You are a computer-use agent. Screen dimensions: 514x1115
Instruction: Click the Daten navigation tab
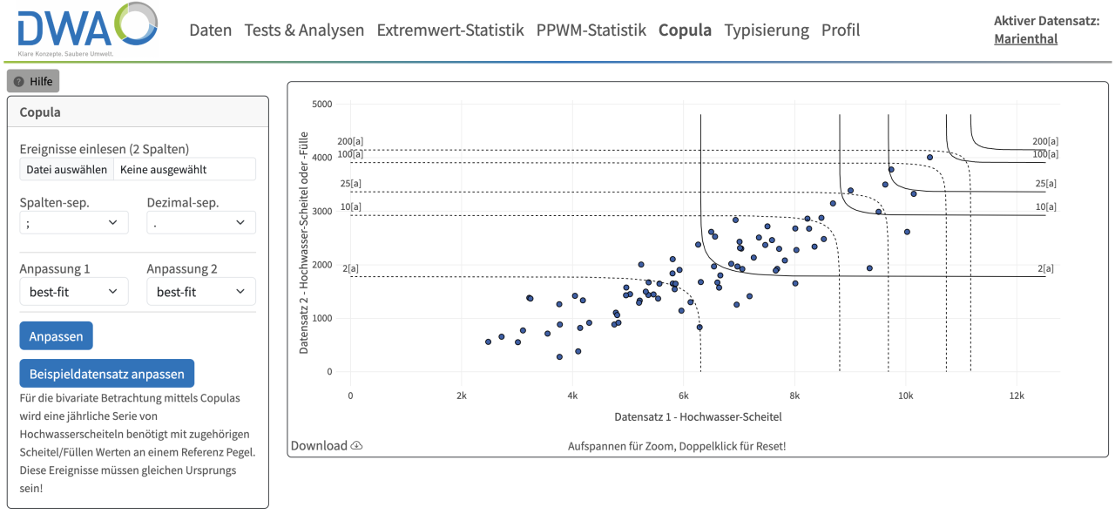(x=211, y=30)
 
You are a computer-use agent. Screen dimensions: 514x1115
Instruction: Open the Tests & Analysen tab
(x=304, y=30)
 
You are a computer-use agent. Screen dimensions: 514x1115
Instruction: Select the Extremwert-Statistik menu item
(x=450, y=30)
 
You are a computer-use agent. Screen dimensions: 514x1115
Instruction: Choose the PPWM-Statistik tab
(x=591, y=30)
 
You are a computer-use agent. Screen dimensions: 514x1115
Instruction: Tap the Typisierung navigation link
(x=767, y=30)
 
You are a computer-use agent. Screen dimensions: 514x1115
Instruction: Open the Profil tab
(x=841, y=30)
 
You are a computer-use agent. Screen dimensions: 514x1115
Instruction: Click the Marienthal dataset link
(x=1025, y=38)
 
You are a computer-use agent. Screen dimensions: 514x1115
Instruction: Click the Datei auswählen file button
(x=67, y=169)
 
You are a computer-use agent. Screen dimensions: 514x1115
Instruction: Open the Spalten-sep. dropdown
(x=74, y=223)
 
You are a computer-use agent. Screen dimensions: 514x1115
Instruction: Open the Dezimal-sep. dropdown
(x=201, y=223)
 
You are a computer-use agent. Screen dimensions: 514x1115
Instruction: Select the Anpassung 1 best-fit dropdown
(x=74, y=292)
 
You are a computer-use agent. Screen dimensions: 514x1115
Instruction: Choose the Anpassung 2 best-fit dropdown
(x=201, y=292)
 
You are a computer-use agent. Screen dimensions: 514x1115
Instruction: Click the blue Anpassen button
(x=56, y=336)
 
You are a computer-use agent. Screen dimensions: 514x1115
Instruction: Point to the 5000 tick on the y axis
(x=322, y=105)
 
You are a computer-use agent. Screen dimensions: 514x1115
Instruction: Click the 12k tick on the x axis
(x=1017, y=396)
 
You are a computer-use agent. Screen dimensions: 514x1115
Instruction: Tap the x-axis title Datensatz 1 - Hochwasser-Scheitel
(x=698, y=416)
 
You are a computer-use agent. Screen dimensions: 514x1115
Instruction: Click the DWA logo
(x=87, y=30)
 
